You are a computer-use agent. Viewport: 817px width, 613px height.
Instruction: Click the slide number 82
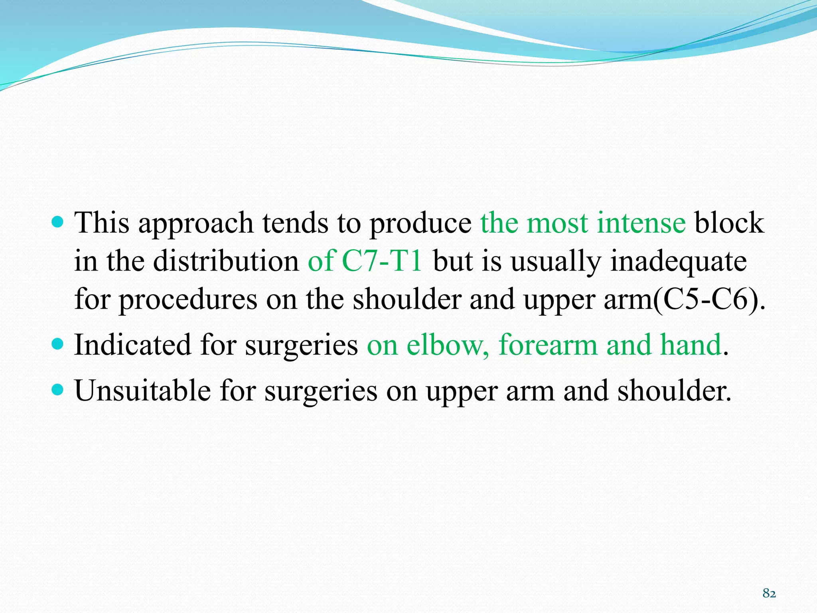[769, 593]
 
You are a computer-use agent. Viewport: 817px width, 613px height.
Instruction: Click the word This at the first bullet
[102, 223]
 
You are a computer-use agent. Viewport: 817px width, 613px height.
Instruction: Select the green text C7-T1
[382, 261]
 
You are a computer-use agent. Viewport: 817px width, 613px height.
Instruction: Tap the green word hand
[691, 345]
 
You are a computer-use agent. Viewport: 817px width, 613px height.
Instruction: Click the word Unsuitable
[142, 390]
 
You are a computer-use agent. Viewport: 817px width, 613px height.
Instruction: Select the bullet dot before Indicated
[58, 344]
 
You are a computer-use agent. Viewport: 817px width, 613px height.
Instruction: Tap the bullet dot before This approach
[58, 221]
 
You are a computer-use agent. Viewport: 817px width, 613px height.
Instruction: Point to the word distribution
[226, 261]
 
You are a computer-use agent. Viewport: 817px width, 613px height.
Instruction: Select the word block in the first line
[729, 223]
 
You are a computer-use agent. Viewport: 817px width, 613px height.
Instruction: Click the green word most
[557, 223]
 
